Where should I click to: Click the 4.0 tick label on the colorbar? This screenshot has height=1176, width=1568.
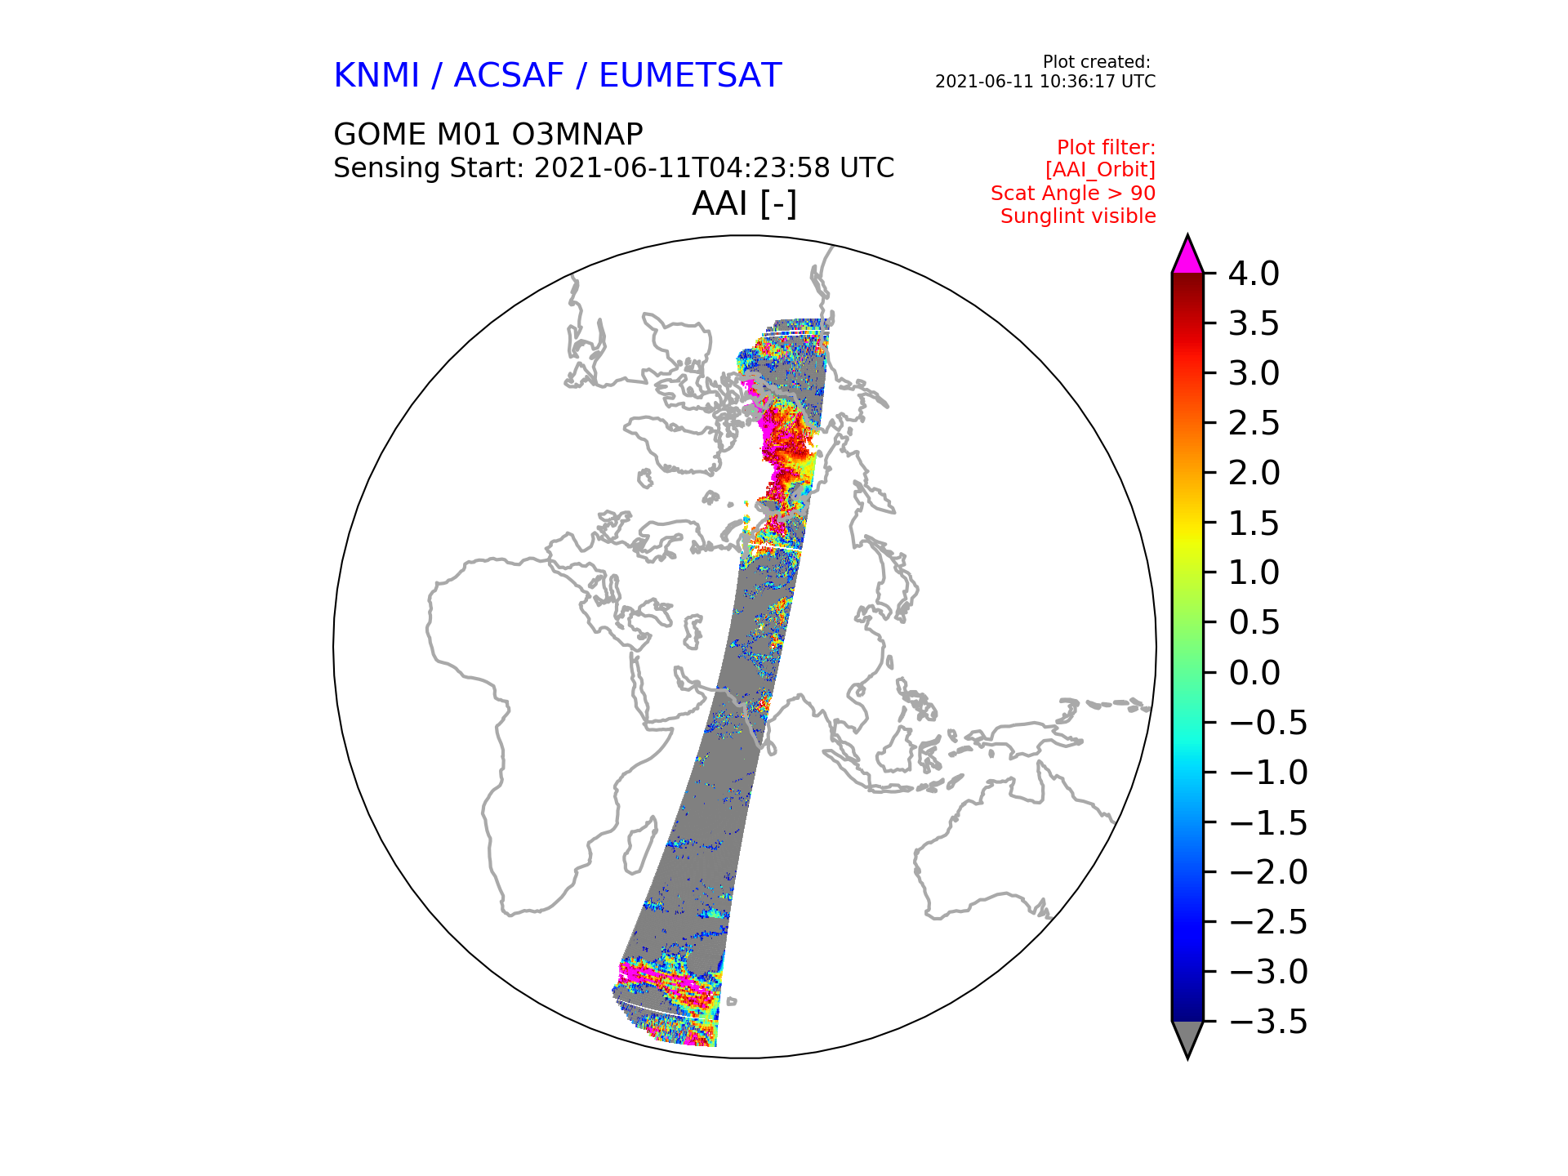tap(1254, 274)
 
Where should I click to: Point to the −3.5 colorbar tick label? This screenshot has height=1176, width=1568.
tap(1267, 1022)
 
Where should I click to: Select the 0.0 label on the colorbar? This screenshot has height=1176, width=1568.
tap(1254, 673)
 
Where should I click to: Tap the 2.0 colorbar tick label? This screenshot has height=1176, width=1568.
tap(1254, 473)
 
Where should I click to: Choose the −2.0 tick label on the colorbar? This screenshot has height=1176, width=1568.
tap(1267, 872)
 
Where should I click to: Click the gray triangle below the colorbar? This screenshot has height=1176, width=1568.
tap(1187, 1038)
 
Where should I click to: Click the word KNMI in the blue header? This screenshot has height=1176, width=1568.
tap(376, 75)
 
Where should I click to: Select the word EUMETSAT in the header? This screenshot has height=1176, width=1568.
tap(690, 75)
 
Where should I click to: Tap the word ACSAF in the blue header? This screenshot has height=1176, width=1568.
tap(509, 75)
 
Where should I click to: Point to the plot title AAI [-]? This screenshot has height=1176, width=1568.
tap(744, 203)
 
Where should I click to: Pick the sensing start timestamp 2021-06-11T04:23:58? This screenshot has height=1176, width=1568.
tap(683, 168)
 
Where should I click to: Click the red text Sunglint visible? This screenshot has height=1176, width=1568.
tap(1078, 216)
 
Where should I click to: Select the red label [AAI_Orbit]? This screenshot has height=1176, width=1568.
tap(1100, 170)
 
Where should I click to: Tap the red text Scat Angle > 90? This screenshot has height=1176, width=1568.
tap(1073, 194)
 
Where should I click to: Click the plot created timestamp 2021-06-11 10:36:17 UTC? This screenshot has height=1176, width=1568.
tap(1045, 82)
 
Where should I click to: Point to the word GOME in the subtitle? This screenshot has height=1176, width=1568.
tap(380, 134)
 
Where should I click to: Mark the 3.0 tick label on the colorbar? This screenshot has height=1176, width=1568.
tap(1254, 373)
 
